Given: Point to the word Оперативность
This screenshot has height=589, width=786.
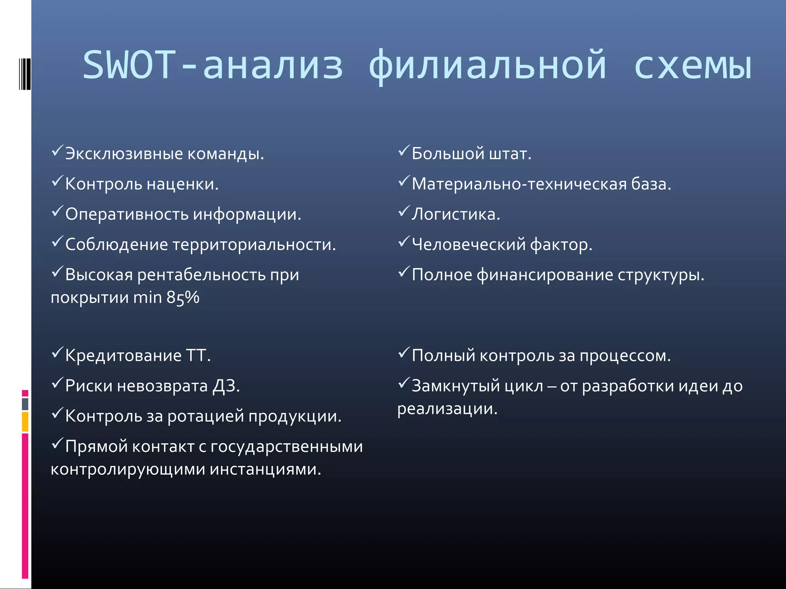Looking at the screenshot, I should [x=127, y=214].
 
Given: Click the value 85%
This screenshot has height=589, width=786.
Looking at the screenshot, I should [x=183, y=298].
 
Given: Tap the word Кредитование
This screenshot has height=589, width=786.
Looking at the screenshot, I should [x=123, y=355].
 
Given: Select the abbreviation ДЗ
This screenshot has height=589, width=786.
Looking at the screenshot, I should [x=226, y=386].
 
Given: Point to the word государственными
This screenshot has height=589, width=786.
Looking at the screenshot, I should [x=286, y=446].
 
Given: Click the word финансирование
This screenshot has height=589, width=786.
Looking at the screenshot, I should [x=545, y=275].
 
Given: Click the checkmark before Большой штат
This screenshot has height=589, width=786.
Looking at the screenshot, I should [x=404, y=151].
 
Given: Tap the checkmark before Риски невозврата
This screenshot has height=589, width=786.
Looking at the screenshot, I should [x=57, y=383].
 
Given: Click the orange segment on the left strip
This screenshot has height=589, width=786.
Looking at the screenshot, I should [x=25, y=421].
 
